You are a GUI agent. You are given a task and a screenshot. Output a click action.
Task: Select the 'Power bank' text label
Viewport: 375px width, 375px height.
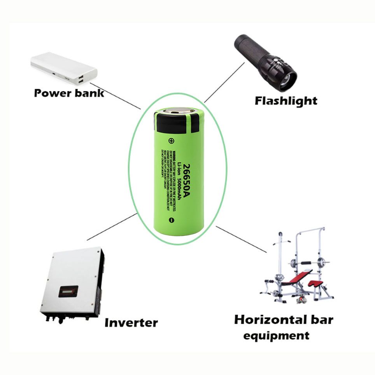[x=69, y=93]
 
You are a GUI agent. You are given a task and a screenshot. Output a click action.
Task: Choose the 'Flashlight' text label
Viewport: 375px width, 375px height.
[x=286, y=101]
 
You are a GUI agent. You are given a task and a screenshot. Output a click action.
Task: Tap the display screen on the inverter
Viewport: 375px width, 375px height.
[x=68, y=291]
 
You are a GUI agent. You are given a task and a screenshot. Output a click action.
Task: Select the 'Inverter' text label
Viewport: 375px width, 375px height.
[x=131, y=322]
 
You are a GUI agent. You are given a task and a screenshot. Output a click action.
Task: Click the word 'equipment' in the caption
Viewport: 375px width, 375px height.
[x=276, y=335]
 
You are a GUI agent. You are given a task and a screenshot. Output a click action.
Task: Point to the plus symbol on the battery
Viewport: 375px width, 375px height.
[x=170, y=140]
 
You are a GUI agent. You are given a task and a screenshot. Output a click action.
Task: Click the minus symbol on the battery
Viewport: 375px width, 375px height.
[x=171, y=221]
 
